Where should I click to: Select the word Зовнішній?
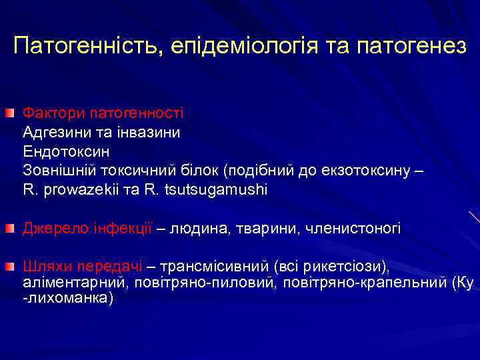(x=55, y=171)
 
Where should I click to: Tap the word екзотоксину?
(x=371, y=171)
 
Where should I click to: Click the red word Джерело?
(x=51, y=229)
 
